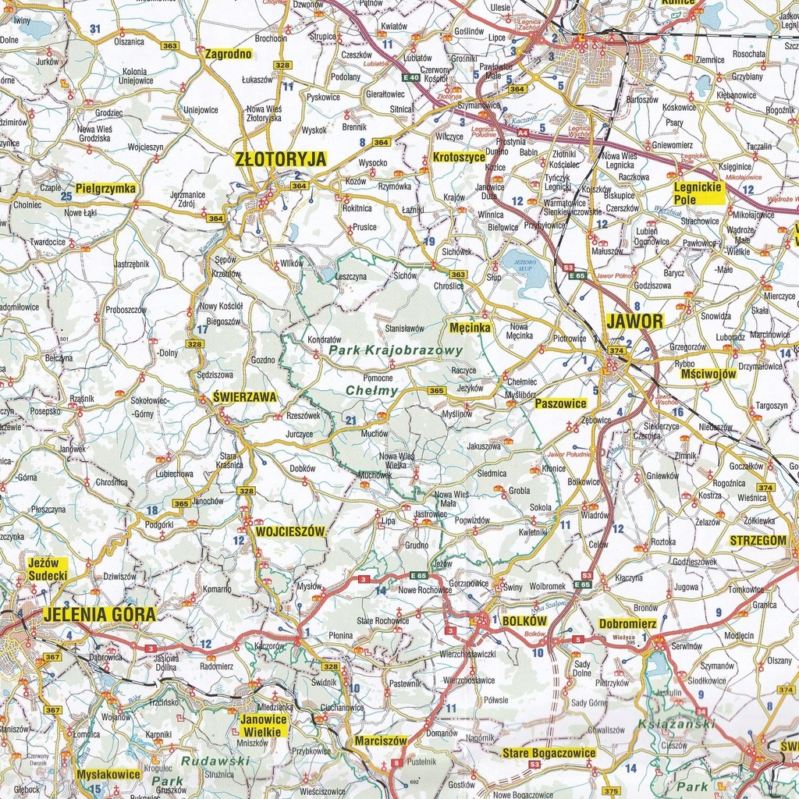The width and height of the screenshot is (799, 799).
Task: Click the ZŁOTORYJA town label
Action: coord(280,159)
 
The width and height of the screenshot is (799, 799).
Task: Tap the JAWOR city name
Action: coord(634,321)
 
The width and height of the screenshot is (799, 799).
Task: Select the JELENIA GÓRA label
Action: coord(100,614)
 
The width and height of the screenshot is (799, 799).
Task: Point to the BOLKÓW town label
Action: coord(525,621)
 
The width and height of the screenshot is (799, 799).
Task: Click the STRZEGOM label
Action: coord(758,540)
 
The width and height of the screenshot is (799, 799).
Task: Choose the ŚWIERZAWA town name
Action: coord(244,397)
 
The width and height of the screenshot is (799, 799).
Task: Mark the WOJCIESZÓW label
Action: coord(289,531)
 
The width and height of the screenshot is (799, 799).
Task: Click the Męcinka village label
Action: coord(470,328)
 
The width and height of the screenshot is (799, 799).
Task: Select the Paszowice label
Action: coord(560,403)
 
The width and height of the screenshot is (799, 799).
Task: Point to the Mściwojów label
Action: coord(708,374)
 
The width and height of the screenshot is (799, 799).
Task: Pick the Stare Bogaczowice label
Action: coord(549,753)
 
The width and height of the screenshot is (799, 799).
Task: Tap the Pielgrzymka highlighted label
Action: coord(105,189)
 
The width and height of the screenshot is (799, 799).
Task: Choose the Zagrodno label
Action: coord(228,55)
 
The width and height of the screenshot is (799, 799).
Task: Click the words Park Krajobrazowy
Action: coord(396,351)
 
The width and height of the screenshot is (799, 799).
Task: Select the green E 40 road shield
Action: coord(411,78)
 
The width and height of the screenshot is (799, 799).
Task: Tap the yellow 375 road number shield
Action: coord(611,790)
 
